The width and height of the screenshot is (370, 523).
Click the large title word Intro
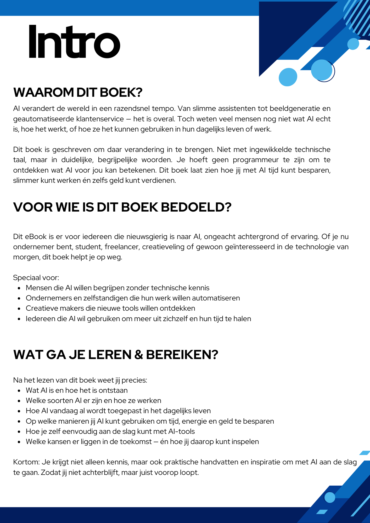tap(74, 42)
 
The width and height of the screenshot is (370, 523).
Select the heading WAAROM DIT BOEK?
tap(78, 92)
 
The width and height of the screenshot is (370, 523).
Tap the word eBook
tap(36, 237)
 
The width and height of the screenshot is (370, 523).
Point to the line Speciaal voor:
tap(36, 278)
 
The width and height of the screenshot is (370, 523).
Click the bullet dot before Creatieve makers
tap(19, 309)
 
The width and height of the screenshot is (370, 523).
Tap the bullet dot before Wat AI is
tap(19, 391)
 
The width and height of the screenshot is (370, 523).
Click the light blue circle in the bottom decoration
tap(330, 497)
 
